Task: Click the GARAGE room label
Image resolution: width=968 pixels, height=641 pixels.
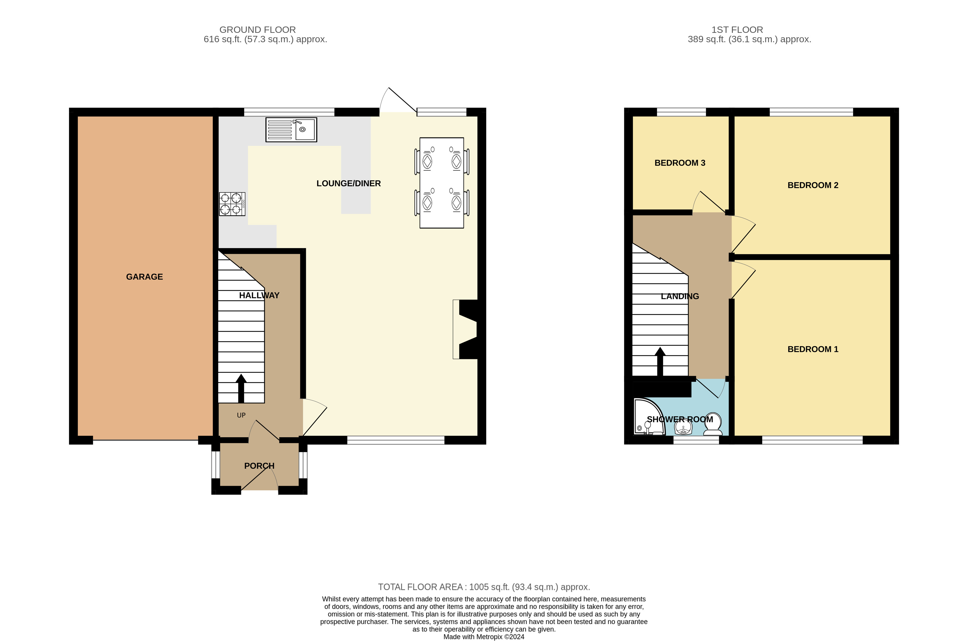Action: [x=144, y=277]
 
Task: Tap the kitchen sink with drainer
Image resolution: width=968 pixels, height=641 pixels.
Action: [x=291, y=129]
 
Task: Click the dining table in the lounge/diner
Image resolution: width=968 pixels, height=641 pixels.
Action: [x=441, y=183]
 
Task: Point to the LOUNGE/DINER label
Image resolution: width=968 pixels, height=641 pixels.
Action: [x=349, y=184]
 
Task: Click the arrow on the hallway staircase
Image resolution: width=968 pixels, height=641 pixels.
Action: [x=241, y=388]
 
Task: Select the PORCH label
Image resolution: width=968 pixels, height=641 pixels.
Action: [x=259, y=466]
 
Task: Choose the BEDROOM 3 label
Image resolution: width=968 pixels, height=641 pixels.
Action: [x=680, y=163]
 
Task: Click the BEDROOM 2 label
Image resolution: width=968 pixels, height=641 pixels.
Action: [x=813, y=185]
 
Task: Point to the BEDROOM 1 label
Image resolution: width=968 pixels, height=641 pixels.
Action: [x=813, y=349]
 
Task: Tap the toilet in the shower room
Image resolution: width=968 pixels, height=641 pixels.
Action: [x=712, y=424]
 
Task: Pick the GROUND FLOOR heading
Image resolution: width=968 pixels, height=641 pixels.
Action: [x=258, y=30]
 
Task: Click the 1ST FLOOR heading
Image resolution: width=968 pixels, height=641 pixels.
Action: [x=737, y=30]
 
